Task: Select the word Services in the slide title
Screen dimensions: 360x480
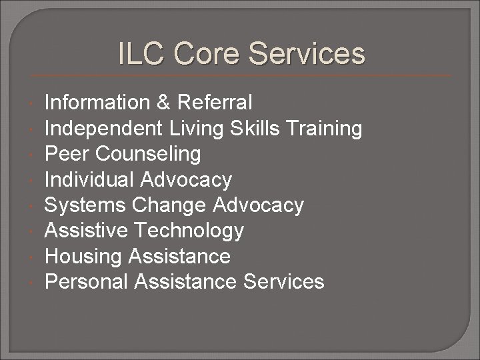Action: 304,54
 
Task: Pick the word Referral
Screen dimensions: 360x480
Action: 215,103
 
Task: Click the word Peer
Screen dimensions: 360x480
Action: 67,154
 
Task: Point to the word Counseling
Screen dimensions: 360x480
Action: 148,154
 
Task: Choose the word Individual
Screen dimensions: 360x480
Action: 89,179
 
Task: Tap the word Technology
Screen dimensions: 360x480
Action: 189,231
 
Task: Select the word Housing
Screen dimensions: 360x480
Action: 85,257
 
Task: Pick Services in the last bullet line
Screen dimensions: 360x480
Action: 283,282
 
